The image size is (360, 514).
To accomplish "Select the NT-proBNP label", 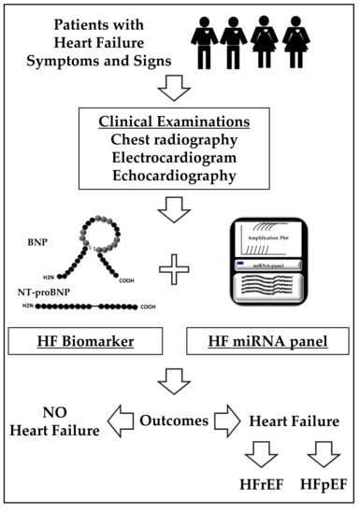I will click(x=44, y=293).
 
